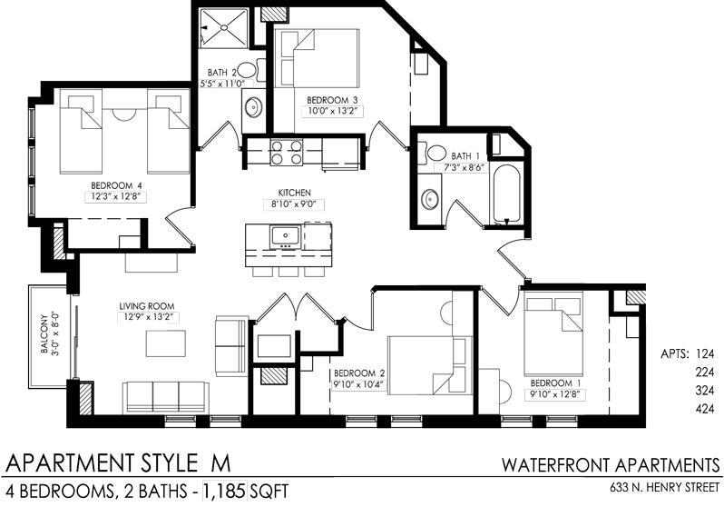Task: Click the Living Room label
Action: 149,305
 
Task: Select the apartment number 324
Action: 702,390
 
